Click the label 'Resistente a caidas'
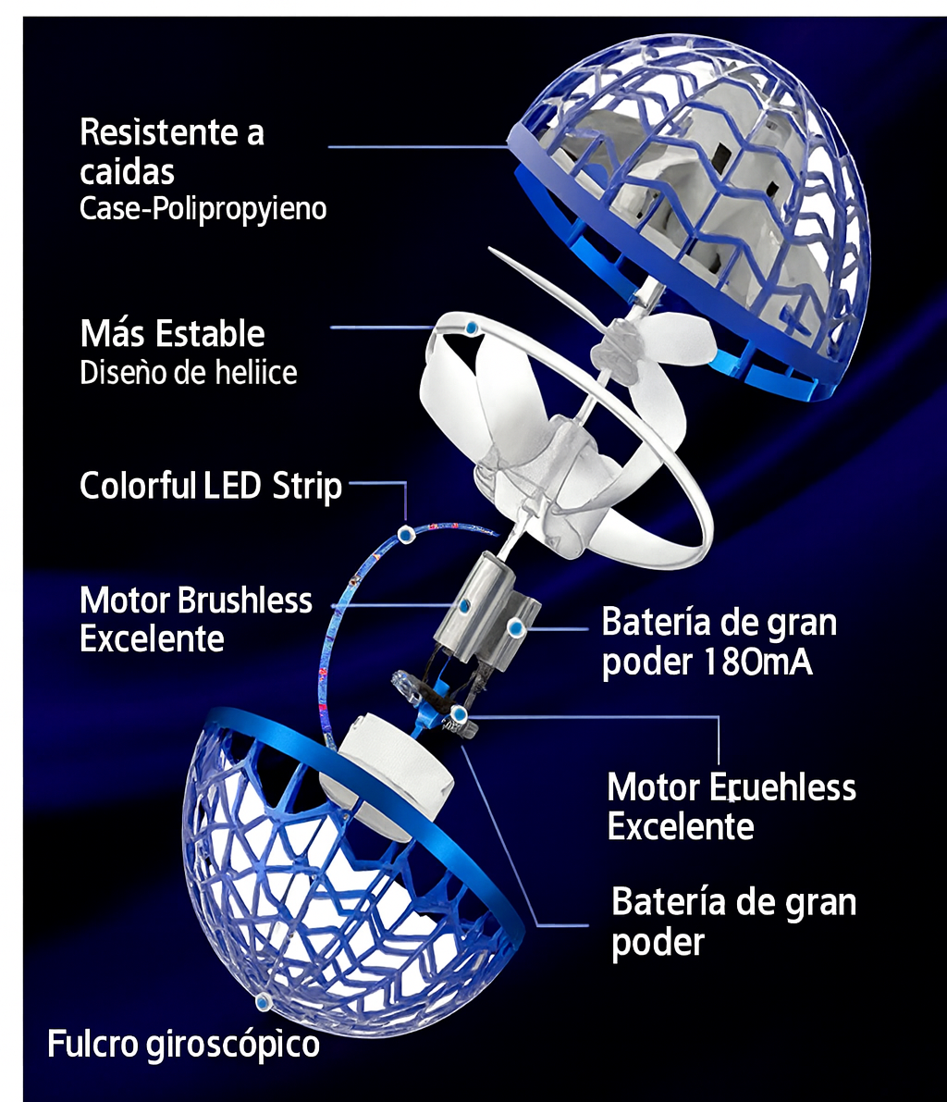(171, 152)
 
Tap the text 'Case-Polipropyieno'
(203, 208)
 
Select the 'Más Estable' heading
(172, 333)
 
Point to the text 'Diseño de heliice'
(189, 372)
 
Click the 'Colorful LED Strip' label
(211, 486)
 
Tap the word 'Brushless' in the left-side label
(244, 601)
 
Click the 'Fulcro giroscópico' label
(183, 1045)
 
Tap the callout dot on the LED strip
(404, 533)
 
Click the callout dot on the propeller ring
(472, 328)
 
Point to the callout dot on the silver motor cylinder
(465, 605)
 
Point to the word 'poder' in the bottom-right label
(658, 944)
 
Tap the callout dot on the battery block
(516, 629)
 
